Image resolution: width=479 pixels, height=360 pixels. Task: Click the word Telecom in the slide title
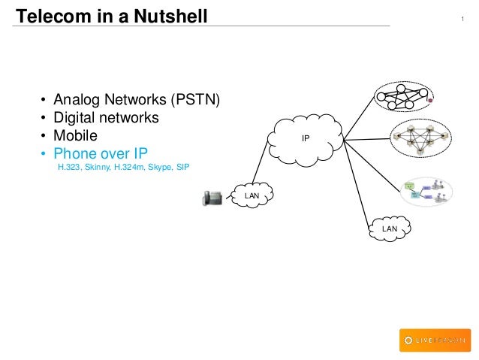click(x=49, y=14)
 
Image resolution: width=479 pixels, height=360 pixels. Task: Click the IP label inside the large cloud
click(x=305, y=138)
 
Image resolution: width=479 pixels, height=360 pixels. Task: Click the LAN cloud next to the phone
click(x=252, y=195)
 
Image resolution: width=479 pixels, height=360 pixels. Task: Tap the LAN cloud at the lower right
click(x=389, y=228)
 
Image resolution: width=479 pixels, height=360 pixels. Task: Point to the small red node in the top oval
click(x=429, y=98)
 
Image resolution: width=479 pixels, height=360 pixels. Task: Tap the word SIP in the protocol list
click(x=182, y=168)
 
